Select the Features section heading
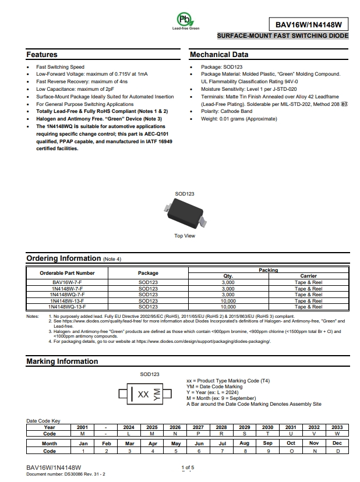(42, 55)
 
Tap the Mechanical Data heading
(219, 55)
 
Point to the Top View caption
(185, 236)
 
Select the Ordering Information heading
(63, 258)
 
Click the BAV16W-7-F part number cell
(68, 282)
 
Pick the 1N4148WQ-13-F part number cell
(68, 306)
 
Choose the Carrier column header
(308, 276)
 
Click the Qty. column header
(228, 276)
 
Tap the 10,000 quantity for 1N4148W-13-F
(228, 301)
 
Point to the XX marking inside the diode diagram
(143, 394)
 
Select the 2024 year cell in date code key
(129, 427)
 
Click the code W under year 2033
(337, 434)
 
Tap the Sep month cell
(267, 444)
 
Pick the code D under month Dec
(337, 451)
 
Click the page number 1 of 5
(187, 467)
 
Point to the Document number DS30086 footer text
(66, 474)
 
